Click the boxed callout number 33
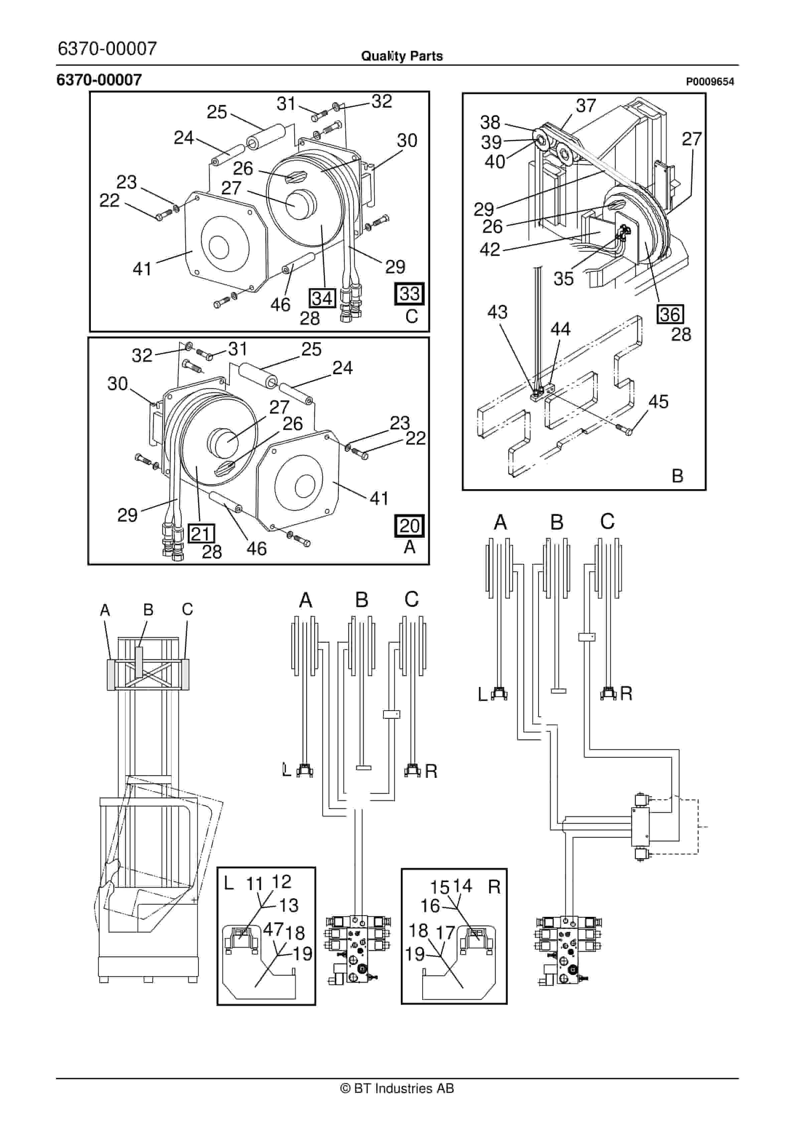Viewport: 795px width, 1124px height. [x=409, y=294]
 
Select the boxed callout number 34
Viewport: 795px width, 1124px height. [x=322, y=298]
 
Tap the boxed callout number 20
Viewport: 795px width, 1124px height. [x=409, y=526]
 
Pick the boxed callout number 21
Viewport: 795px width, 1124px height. [x=201, y=533]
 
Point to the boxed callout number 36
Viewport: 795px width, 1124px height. [x=670, y=314]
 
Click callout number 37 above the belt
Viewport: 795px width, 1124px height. [x=586, y=105]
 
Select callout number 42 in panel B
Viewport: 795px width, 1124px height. [x=490, y=250]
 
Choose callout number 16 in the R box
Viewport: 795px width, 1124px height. [x=430, y=906]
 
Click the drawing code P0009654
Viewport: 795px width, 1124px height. [x=709, y=82]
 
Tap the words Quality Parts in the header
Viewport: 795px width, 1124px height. [x=402, y=56]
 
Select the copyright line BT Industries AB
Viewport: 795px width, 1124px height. [x=397, y=1088]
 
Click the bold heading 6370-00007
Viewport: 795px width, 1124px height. [x=100, y=80]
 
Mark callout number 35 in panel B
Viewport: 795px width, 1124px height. [x=564, y=279]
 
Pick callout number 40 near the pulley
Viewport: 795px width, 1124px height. [x=494, y=162]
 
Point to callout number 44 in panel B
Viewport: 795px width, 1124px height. [x=561, y=329]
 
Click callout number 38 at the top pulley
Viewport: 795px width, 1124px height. [x=490, y=122]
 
